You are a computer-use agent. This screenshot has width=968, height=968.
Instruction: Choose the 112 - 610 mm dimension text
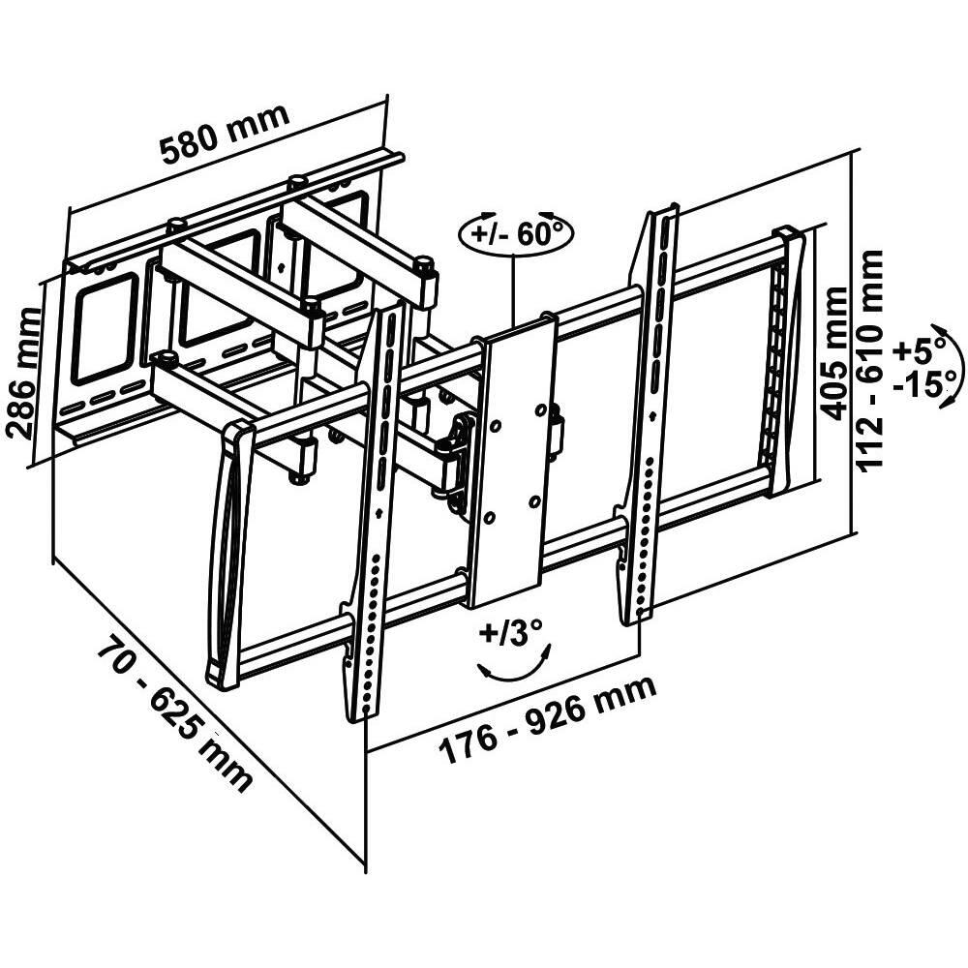(x=873, y=360)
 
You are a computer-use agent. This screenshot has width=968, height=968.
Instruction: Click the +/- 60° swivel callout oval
(x=516, y=234)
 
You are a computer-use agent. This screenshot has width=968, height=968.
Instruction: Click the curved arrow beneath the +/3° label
(x=514, y=669)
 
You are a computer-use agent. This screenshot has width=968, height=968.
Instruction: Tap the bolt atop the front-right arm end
(x=423, y=261)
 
